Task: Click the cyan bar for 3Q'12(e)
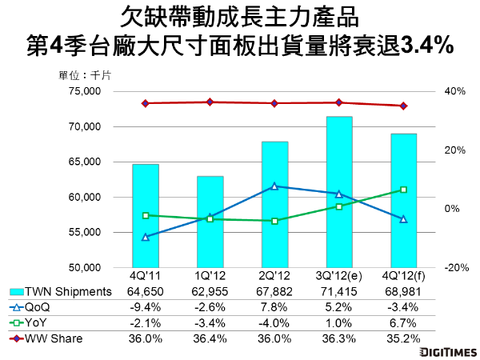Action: (x=339, y=192)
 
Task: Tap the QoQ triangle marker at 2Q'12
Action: (x=274, y=186)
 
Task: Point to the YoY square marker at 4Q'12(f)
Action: (x=403, y=190)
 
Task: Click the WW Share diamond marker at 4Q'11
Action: (x=145, y=103)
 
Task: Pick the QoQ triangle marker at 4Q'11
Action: (x=145, y=237)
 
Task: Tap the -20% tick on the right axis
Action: (x=454, y=268)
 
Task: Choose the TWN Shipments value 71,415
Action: (x=339, y=292)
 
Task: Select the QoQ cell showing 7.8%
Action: (x=274, y=308)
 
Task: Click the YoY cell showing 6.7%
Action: (x=403, y=323)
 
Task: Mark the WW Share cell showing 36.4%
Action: (x=210, y=339)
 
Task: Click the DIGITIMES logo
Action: (x=443, y=351)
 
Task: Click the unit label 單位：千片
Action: (x=86, y=75)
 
